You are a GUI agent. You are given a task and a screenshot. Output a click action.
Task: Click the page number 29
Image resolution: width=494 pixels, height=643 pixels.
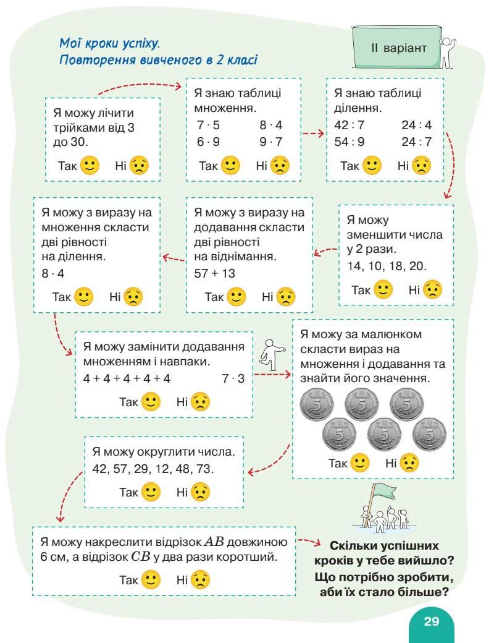431,621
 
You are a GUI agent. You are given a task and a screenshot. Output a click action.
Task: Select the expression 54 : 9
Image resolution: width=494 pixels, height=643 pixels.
349,142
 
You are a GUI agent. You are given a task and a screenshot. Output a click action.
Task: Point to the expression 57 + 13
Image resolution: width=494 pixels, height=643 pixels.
214,273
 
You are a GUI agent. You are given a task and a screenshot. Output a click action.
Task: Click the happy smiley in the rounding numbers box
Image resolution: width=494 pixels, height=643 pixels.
151,492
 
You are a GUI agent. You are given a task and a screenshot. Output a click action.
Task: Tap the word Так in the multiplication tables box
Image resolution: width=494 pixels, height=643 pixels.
209,166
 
